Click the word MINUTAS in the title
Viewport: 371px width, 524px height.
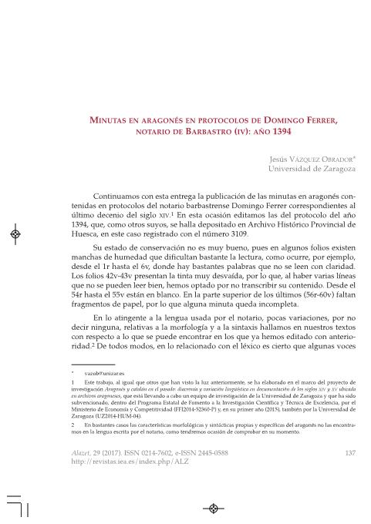point(110,120)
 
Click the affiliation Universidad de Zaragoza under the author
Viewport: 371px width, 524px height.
point(312,168)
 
